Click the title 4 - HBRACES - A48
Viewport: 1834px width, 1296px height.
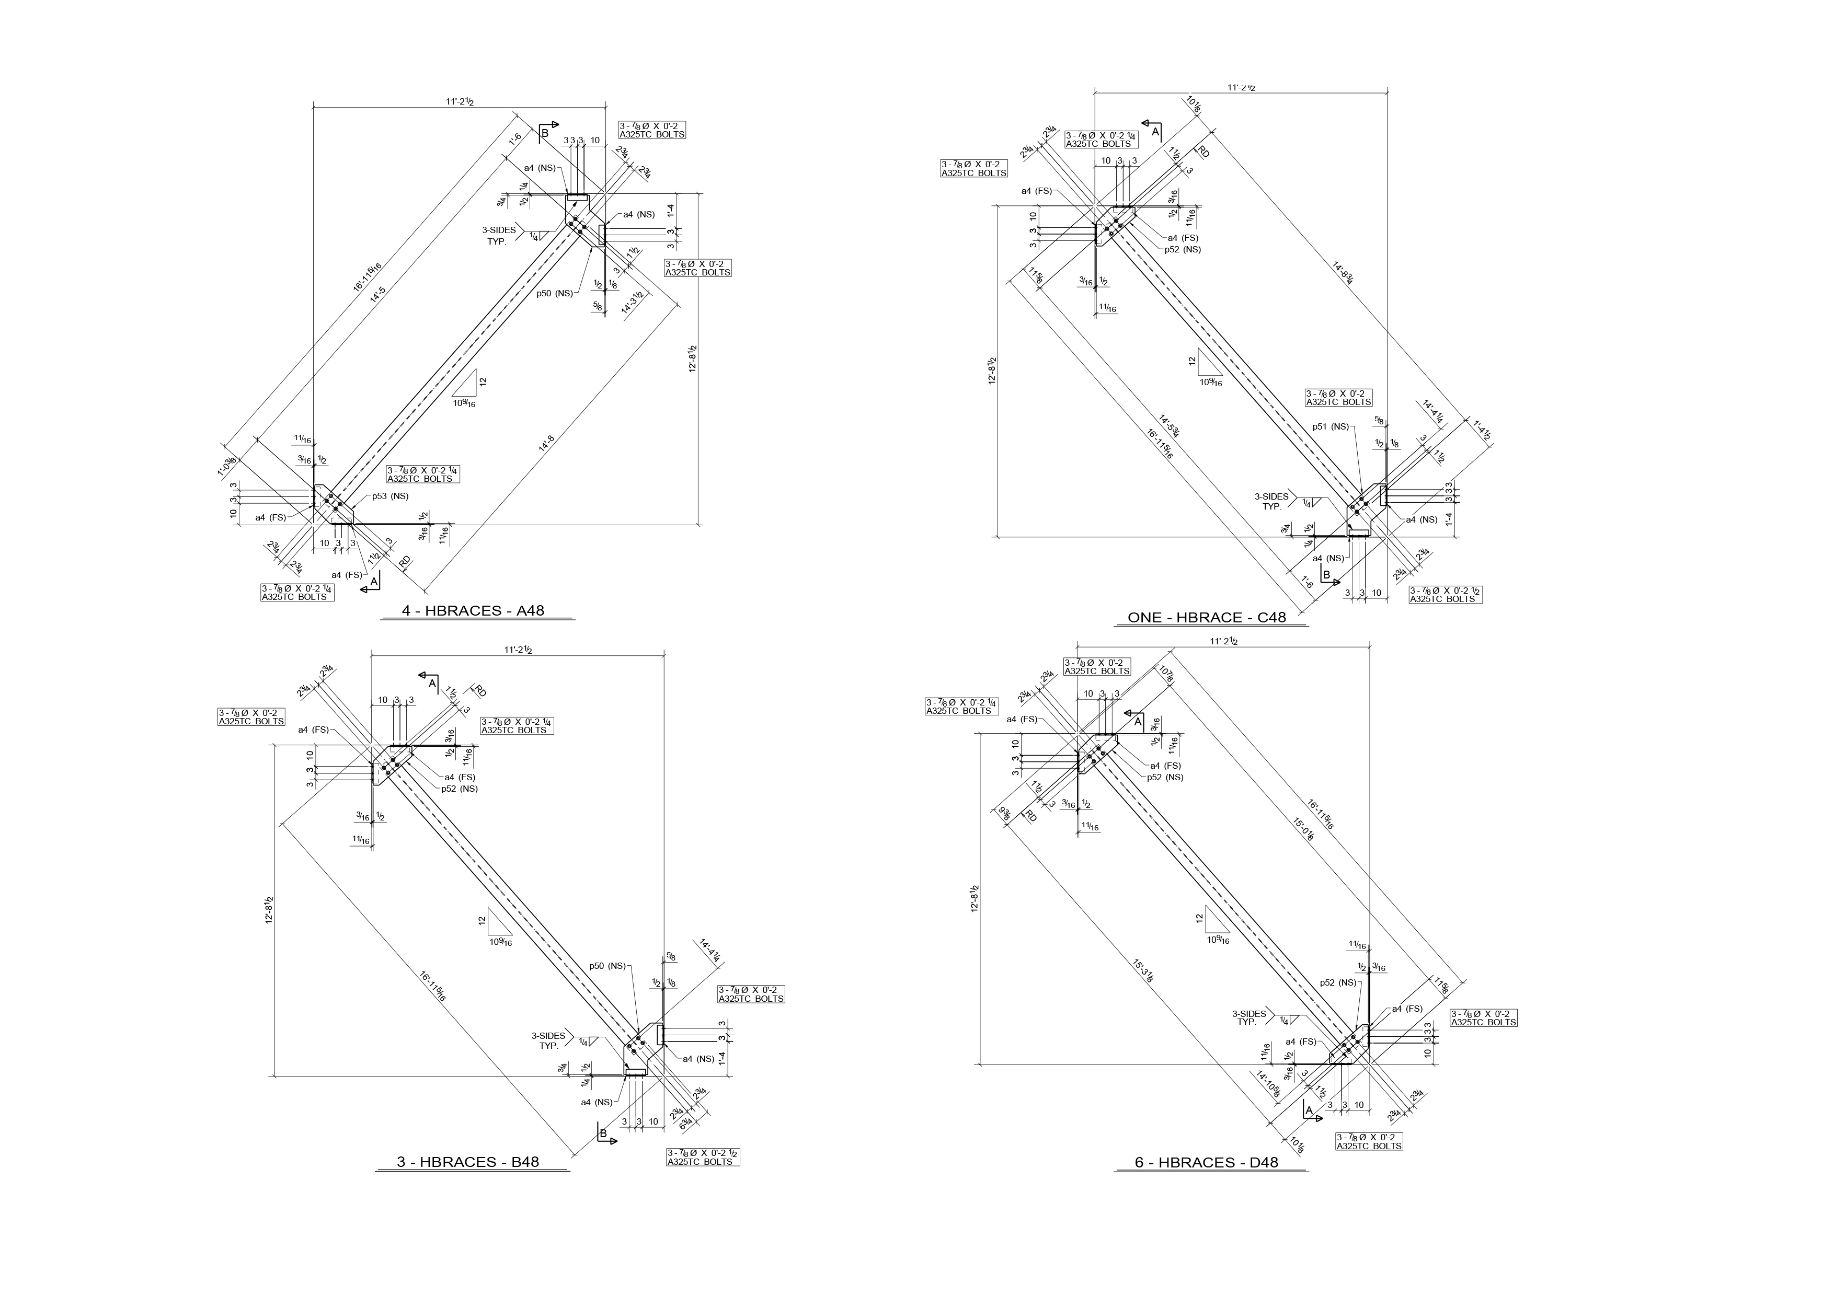[473, 611]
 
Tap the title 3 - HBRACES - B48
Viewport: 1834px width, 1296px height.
[468, 1162]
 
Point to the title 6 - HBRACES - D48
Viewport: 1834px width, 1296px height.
[1206, 1163]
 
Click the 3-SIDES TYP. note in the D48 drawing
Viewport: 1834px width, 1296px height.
[1248, 1017]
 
